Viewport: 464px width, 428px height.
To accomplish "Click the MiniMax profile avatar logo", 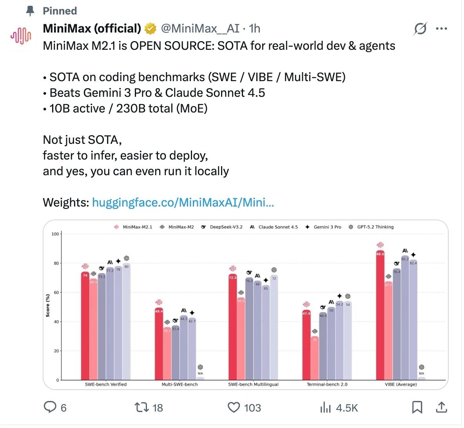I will pyautogui.click(x=21, y=36).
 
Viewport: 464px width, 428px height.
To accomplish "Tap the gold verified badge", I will pyautogui.click(x=150, y=29).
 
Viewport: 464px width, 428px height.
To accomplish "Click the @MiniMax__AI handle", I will pyautogui.click(x=200, y=29).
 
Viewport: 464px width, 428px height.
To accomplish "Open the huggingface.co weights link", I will pyautogui.click(x=183, y=203).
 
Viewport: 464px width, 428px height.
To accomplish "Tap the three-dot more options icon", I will pyautogui.click(x=441, y=29).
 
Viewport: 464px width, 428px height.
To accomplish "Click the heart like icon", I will pyautogui.click(x=234, y=408).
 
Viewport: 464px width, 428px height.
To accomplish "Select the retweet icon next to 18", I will pyautogui.click(x=141, y=408).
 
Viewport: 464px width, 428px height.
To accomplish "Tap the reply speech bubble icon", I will pyautogui.click(x=50, y=408).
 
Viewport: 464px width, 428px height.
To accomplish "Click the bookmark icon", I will pyautogui.click(x=417, y=408).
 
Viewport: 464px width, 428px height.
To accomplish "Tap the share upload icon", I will pyautogui.click(x=441, y=408).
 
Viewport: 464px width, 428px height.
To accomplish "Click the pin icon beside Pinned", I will pyautogui.click(x=30, y=11).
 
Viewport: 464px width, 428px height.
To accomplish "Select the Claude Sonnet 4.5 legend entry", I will pyautogui.click(x=274, y=227).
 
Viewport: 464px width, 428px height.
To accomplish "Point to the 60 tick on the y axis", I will pyautogui.click(x=56, y=292).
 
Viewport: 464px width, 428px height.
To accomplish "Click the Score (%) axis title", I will pyautogui.click(x=48, y=305).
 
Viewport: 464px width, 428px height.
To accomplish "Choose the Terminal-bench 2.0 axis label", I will pyautogui.click(x=327, y=384).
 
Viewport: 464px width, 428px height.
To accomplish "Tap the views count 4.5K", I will pyautogui.click(x=347, y=408).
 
